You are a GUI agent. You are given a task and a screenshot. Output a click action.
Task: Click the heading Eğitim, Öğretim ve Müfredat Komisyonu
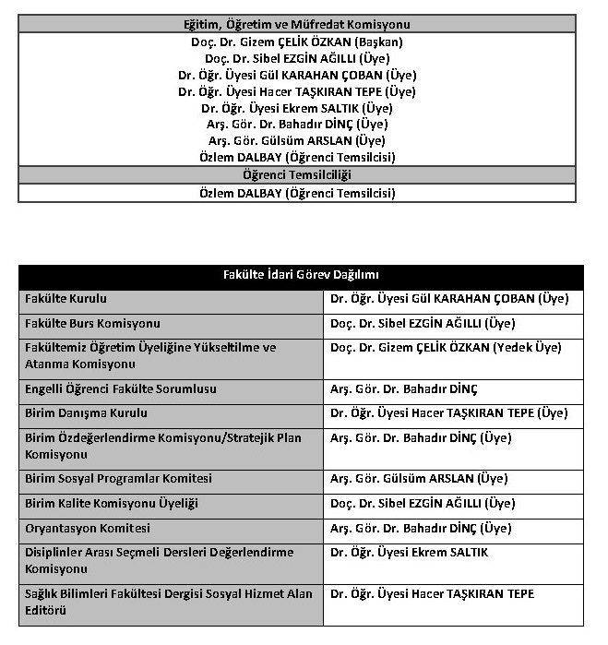(296, 25)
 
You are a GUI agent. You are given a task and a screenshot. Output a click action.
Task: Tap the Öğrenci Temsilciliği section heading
(296, 175)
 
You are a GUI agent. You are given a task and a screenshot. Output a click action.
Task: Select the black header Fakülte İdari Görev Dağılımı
(301, 275)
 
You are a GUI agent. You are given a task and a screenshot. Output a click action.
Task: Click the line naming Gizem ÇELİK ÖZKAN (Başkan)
(296, 42)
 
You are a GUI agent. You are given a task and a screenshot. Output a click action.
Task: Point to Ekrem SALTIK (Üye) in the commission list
(296, 108)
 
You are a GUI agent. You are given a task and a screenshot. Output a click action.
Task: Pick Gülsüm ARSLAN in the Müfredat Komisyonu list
(296, 141)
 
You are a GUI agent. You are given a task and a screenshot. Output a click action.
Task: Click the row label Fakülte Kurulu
(66, 299)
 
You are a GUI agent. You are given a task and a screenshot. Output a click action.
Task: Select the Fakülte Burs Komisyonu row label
(92, 324)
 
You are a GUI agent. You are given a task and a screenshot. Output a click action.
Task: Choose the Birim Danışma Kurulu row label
(86, 413)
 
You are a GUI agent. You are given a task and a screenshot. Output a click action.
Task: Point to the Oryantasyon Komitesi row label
(88, 529)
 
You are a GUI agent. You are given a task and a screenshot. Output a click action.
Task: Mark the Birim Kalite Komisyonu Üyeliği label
(112, 504)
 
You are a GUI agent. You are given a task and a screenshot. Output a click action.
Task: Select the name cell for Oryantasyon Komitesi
(420, 529)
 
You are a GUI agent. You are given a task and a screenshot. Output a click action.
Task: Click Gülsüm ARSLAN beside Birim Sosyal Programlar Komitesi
(418, 479)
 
